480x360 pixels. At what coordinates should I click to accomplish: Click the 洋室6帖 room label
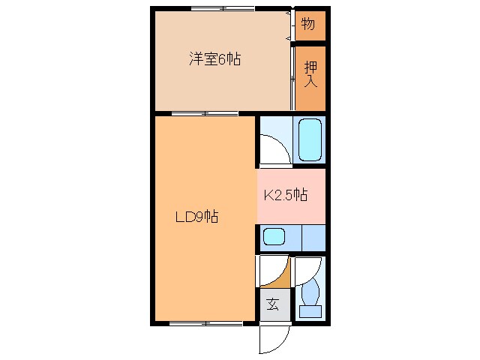[214, 59]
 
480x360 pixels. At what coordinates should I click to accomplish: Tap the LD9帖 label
[196, 217]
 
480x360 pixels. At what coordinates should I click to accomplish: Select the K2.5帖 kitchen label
[286, 196]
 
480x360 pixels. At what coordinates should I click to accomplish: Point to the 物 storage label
[308, 24]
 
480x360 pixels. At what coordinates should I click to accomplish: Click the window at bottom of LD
[205, 323]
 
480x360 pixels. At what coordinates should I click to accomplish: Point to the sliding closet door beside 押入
[291, 75]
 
